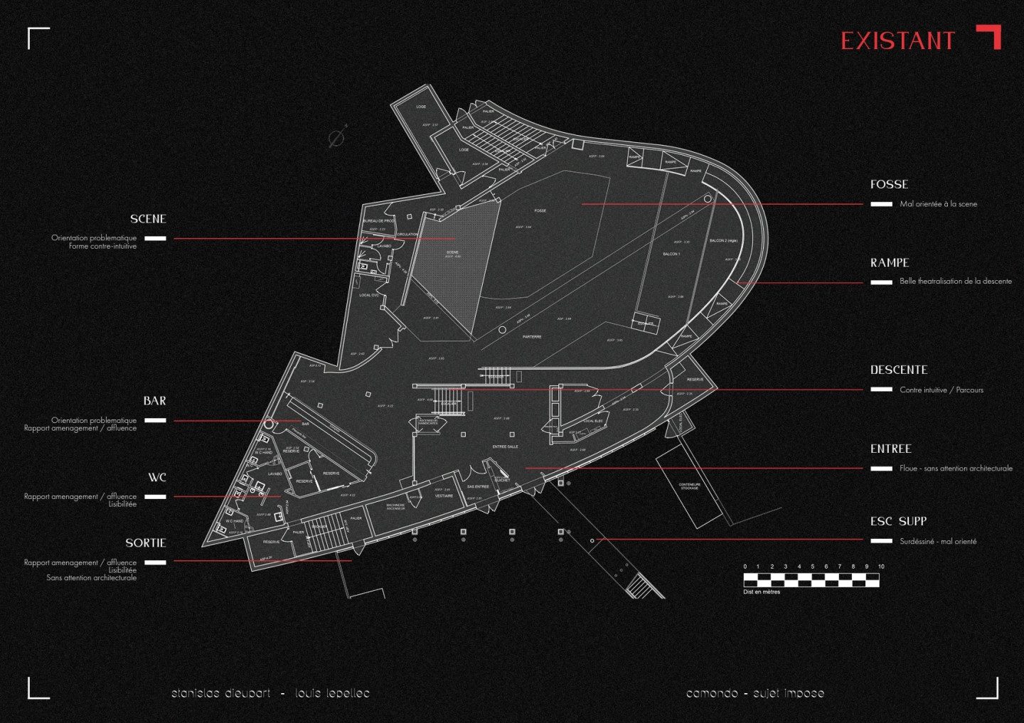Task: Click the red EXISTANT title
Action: point(897,41)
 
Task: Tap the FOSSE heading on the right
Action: point(889,185)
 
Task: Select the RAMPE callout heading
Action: point(890,263)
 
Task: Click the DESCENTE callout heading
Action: point(899,370)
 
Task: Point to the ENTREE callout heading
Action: point(890,449)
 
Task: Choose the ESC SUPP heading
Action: point(898,522)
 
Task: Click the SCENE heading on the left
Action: point(148,220)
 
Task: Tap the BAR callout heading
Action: point(154,402)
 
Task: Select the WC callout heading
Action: point(157,478)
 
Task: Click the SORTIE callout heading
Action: point(146,544)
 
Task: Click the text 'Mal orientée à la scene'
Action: point(938,204)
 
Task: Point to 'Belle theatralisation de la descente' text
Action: point(955,282)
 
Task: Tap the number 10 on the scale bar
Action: point(881,567)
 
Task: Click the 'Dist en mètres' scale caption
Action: point(762,591)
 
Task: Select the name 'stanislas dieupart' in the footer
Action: point(220,693)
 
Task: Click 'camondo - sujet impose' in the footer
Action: point(755,693)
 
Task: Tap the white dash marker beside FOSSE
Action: point(882,204)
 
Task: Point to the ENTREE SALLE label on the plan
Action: point(506,446)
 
